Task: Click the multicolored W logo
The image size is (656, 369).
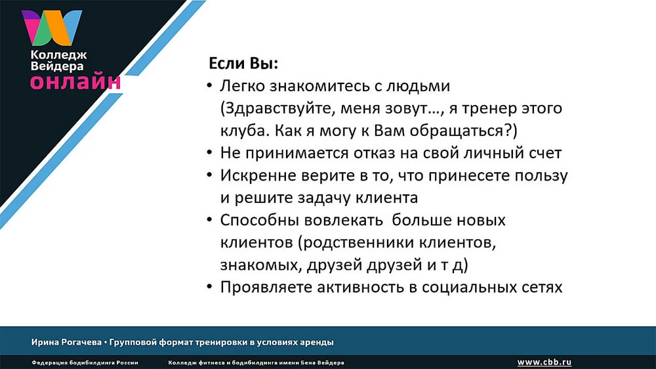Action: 51,28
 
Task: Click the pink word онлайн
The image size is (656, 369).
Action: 75,81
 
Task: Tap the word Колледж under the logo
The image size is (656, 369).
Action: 58,55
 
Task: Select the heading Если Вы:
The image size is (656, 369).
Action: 243,63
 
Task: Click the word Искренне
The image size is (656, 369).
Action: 255,175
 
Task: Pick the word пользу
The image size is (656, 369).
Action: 541,176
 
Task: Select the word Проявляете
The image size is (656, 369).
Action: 266,288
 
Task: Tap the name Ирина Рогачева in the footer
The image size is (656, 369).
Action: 66,342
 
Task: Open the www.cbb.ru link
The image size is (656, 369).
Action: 544,362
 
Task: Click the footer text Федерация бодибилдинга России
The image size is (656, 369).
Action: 85,362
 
